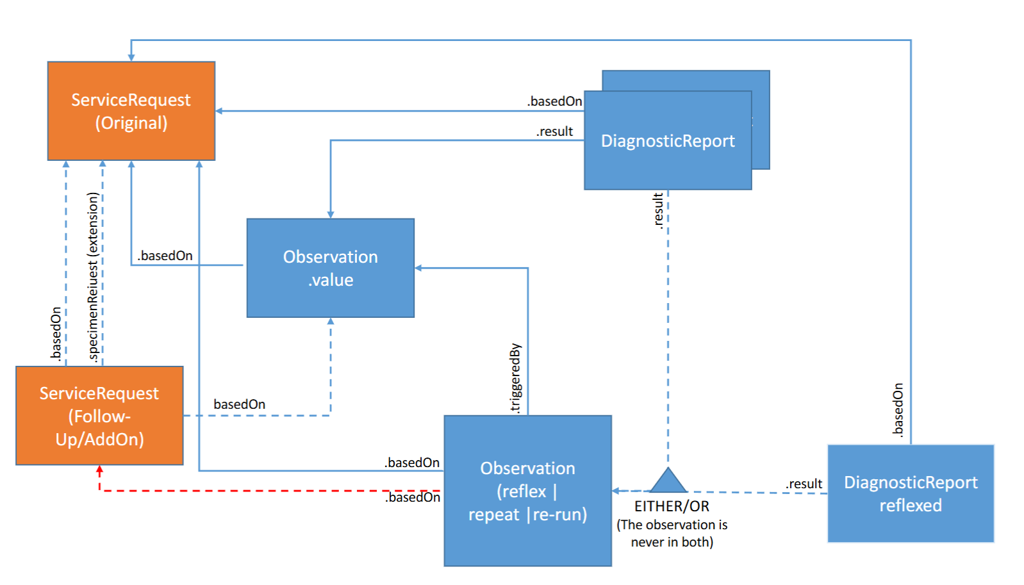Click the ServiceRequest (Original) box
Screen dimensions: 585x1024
point(131,111)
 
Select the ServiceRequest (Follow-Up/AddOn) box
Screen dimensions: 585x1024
point(99,416)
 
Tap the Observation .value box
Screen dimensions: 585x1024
point(331,268)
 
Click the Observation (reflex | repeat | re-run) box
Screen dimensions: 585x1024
point(527,491)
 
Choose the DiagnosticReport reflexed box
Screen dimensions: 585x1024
point(911,493)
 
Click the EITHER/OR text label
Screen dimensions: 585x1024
point(672,506)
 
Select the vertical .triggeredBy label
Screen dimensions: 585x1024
point(515,379)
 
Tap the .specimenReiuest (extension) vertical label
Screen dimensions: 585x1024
point(94,277)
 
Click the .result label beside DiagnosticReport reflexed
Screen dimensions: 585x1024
point(804,484)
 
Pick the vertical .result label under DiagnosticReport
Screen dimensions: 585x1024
point(657,211)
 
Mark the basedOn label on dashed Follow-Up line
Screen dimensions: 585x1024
point(239,404)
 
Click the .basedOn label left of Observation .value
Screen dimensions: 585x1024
point(165,256)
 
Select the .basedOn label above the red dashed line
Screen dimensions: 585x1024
point(412,463)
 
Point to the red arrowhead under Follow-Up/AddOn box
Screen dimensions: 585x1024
point(99,470)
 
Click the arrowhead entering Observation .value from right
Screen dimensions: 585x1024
point(418,268)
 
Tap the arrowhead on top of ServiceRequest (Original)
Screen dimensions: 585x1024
point(131,58)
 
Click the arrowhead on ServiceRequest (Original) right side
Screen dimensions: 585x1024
point(219,111)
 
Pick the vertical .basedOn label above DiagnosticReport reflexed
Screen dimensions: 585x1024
point(898,409)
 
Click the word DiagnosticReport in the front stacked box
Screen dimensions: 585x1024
point(668,141)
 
